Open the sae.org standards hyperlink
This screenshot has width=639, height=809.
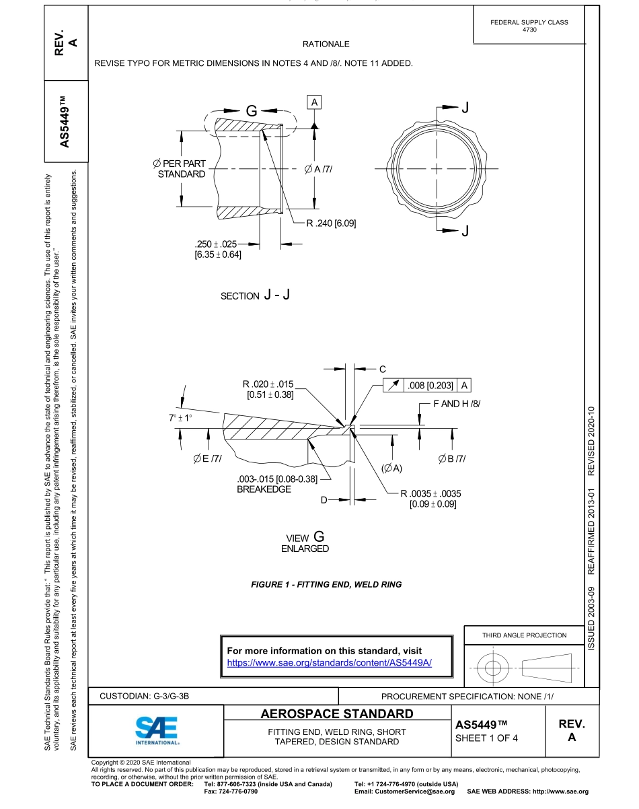[329, 662]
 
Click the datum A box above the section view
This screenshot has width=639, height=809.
[314, 102]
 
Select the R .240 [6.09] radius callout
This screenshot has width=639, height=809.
[331, 223]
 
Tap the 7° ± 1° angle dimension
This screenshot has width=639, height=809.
[180, 418]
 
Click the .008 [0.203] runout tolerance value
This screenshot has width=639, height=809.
[430, 386]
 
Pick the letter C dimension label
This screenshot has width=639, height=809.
[382, 369]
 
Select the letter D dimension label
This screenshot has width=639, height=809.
[324, 500]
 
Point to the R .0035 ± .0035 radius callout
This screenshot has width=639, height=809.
[430, 493]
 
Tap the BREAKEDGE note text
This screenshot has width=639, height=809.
[264, 489]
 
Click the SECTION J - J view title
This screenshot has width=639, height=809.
[255, 295]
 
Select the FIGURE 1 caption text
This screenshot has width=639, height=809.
[326, 584]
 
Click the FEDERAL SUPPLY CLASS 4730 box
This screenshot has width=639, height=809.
[529, 26]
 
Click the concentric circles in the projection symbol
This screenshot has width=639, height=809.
[494, 668]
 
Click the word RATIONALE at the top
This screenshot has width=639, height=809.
[326, 44]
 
